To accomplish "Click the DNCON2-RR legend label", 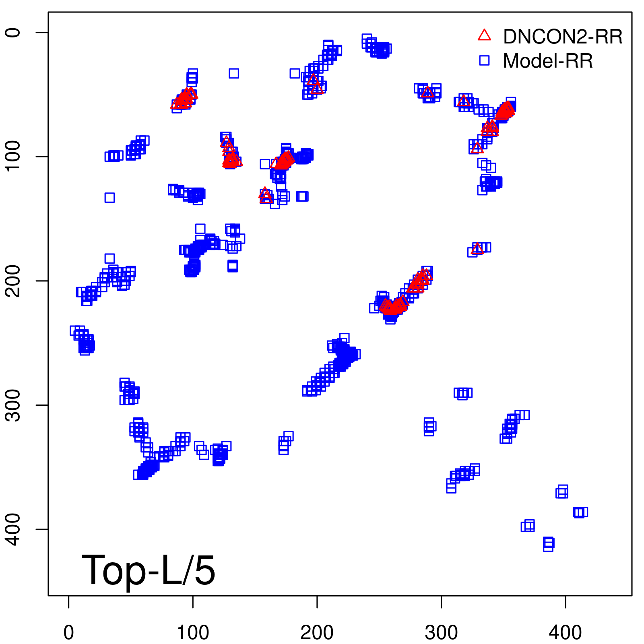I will [x=562, y=37].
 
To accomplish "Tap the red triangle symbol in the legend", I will [x=484, y=35].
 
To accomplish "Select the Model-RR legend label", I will [x=547, y=61].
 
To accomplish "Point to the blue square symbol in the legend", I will [x=484, y=60].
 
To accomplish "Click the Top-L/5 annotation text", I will [x=148, y=570].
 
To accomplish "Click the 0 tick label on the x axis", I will [x=69, y=633].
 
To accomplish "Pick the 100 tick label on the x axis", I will [x=193, y=633].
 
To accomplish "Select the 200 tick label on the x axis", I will [x=317, y=633].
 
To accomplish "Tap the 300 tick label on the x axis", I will [x=441, y=633].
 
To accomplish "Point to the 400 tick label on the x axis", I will [x=566, y=633].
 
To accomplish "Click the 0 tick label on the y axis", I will [x=14, y=32].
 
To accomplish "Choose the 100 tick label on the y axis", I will [x=14, y=157].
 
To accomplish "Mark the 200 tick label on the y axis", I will [x=14, y=281].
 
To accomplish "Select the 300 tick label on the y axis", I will [x=14, y=405].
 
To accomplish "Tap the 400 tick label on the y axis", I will [x=14, y=529].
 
